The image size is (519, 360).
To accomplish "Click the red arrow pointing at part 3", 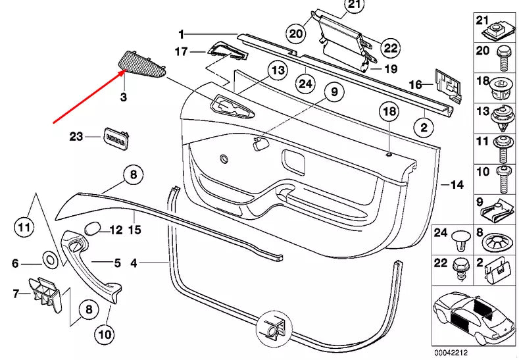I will coord(89,97).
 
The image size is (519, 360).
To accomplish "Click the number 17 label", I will coord(180,51).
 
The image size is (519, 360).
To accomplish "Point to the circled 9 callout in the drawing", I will coord(333,92).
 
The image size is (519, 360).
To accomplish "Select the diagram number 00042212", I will coord(450,352).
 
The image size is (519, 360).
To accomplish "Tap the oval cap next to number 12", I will coord(93,230).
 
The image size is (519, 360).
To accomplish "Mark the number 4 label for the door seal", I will coord(134,263).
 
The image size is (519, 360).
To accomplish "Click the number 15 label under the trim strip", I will coord(134,230).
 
